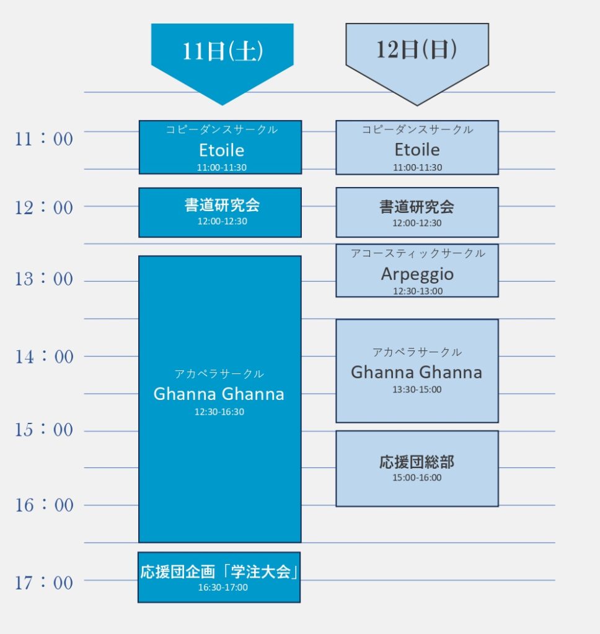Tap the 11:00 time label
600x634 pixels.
[x=44, y=139]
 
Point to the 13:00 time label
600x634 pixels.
[x=44, y=279]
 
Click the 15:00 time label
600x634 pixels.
[x=44, y=430]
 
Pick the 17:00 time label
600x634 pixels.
[x=44, y=583]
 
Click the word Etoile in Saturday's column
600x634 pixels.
[x=221, y=150]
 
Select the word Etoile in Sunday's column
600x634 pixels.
[x=417, y=150]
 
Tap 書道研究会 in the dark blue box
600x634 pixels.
[x=222, y=205]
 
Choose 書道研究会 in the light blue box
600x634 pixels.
[x=417, y=207]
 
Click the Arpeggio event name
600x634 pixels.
[x=417, y=274]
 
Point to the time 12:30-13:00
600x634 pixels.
[x=417, y=291]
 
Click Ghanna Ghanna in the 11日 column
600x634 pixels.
[x=219, y=394]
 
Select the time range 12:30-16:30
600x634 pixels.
[x=219, y=412]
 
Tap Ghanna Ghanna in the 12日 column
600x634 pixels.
[x=416, y=372]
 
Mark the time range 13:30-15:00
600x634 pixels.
[x=417, y=390]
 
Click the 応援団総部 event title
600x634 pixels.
[x=417, y=462]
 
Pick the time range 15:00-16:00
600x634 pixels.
[x=417, y=477]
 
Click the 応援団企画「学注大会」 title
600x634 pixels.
[x=219, y=571]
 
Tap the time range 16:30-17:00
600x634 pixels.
[x=223, y=588]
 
